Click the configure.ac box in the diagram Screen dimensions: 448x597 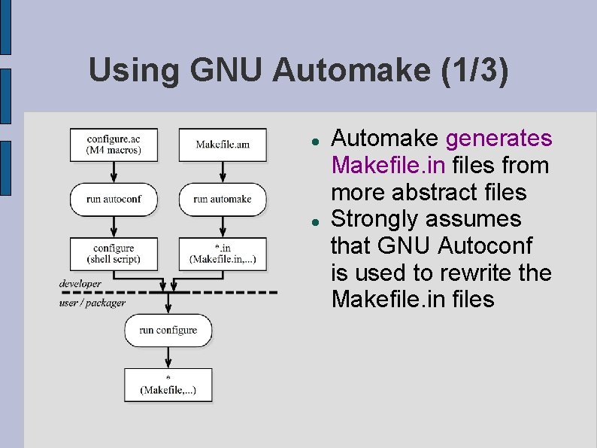(x=114, y=145)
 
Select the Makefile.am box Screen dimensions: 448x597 (x=223, y=145)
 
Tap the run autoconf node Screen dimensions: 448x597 (x=114, y=199)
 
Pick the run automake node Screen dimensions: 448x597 (x=223, y=199)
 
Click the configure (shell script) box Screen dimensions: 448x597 (x=114, y=254)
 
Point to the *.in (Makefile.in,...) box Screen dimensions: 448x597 (x=223, y=254)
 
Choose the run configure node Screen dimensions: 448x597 (x=168, y=330)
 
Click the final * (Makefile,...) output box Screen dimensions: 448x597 (x=168, y=384)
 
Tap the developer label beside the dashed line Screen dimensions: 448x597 (x=80, y=284)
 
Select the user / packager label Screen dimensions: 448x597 (x=92, y=302)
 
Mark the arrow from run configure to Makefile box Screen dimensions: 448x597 (x=168, y=357)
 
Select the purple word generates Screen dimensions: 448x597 (x=499, y=139)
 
